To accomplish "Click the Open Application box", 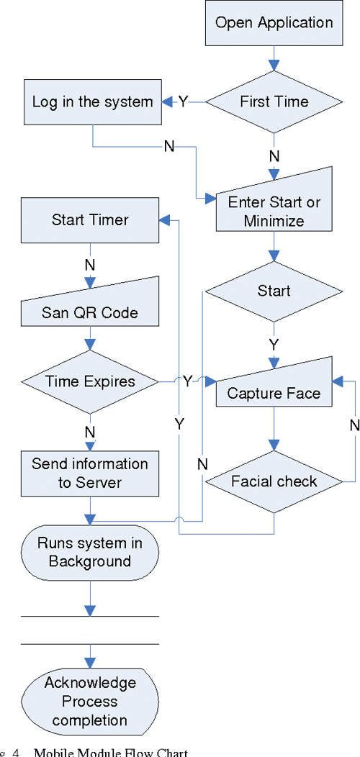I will coord(274,23).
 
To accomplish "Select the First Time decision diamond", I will coord(274,102).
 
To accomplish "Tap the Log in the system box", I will coord(92,102).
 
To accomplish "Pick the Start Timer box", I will coord(90,219).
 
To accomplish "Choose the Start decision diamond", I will coord(274,291).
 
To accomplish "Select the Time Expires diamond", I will coord(90,381).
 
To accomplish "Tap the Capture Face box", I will coord(274,389).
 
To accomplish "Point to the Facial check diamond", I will coord(274,481).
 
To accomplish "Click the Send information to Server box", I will coord(90,473).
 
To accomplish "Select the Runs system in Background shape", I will coord(90,552).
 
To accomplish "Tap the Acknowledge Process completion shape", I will coord(90,700).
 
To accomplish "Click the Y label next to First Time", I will coord(183,102).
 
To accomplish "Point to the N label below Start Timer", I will coord(90,265).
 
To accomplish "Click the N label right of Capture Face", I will coord(354,425).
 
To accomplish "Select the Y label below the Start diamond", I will coord(274,344).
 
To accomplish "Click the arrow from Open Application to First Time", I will coord(274,57).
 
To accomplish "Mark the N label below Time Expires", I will coord(90,432).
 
